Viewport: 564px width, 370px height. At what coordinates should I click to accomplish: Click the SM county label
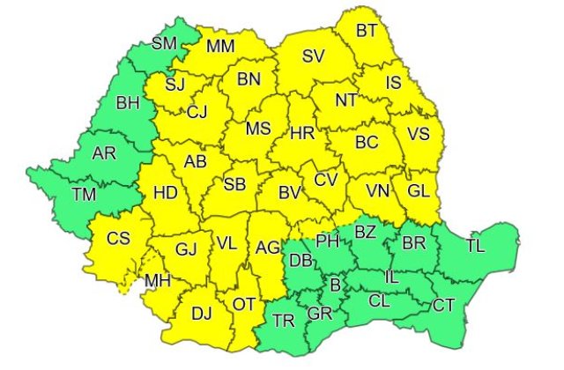click(164, 42)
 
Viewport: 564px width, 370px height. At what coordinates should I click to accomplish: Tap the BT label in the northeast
click(367, 31)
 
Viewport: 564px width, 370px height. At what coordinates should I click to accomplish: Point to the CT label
click(443, 305)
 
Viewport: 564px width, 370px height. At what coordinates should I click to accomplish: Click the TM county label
click(85, 194)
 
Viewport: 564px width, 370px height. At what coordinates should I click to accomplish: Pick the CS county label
click(118, 237)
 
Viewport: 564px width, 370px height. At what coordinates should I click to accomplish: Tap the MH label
click(158, 281)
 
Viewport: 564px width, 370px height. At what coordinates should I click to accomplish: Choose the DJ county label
click(202, 312)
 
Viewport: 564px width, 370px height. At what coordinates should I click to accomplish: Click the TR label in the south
click(284, 321)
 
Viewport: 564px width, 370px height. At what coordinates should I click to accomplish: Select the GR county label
click(319, 314)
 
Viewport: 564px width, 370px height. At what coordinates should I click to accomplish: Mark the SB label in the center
click(234, 184)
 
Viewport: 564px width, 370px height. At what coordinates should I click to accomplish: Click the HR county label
click(302, 134)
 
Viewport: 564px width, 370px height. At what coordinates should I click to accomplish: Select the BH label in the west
click(129, 104)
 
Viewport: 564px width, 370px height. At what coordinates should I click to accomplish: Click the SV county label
click(313, 56)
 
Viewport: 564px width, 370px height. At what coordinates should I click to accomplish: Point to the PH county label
click(327, 240)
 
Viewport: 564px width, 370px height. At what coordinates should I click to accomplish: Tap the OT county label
click(244, 304)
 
